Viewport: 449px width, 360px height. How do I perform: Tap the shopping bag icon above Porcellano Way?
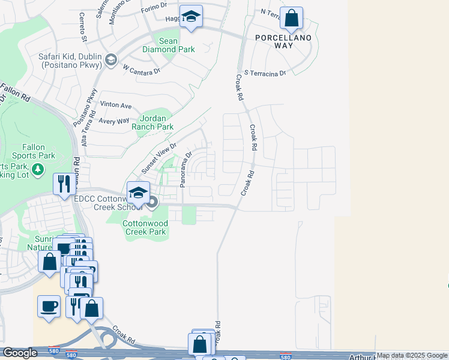click(291, 19)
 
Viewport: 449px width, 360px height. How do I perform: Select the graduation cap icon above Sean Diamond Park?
click(191, 17)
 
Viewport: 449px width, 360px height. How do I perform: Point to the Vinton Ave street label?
click(116, 105)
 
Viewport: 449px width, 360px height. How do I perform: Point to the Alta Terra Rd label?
click(85, 133)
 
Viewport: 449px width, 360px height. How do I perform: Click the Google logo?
click(20, 353)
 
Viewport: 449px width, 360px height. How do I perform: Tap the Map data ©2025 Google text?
click(412, 356)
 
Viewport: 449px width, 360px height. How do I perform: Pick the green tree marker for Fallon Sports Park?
click(39, 169)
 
